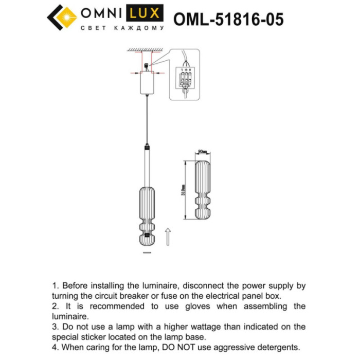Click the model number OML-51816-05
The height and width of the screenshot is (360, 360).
pyautogui.click(x=228, y=20)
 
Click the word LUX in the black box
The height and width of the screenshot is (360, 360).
pyautogui.click(x=146, y=13)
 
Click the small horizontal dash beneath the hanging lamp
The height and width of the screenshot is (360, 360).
pyautogui.click(x=147, y=254)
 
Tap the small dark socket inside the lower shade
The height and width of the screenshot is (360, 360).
pyautogui.click(x=147, y=236)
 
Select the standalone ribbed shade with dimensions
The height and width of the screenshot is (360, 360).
pyautogui.click(x=202, y=191)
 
